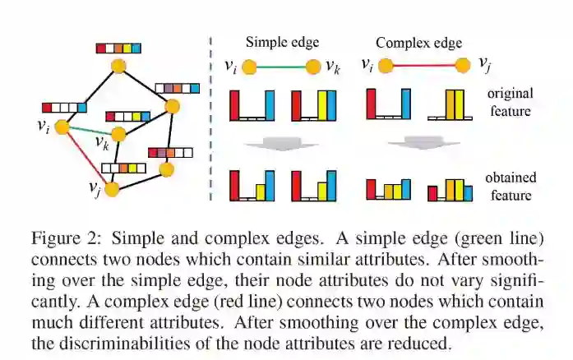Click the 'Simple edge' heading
pyautogui.click(x=282, y=42)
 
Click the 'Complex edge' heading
pyautogui.click(x=418, y=43)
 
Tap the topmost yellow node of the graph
pyautogui.click(x=120, y=66)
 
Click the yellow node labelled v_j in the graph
pyautogui.click(x=112, y=189)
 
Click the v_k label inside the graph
pyautogui.click(x=102, y=143)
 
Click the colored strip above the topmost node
pyautogui.click(x=120, y=48)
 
